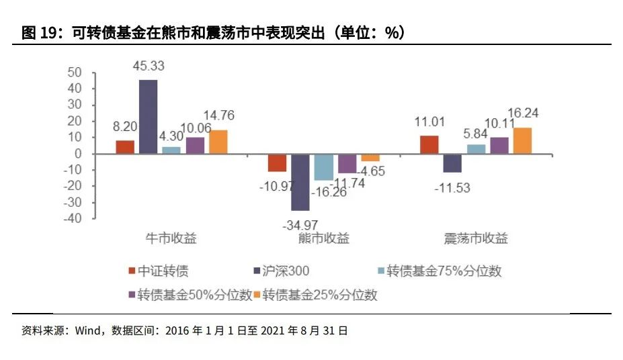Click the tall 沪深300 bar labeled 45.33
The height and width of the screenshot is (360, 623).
click(148, 117)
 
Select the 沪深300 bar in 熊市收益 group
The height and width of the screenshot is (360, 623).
click(300, 182)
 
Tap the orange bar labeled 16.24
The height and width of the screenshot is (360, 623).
click(522, 141)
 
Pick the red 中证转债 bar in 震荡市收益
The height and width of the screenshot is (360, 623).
click(429, 145)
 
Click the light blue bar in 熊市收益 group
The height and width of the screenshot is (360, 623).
click(324, 167)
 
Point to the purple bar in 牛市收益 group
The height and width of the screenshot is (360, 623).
click(195, 146)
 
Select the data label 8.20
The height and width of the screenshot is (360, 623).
click(125, 126)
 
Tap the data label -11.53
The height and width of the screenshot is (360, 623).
click(455, 187)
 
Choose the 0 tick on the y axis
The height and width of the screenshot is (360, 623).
click(78, 154)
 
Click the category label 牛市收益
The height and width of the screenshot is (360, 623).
click(171, 238)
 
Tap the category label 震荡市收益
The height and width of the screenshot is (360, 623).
click(475, 238)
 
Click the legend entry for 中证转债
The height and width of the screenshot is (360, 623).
click(158, 271)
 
